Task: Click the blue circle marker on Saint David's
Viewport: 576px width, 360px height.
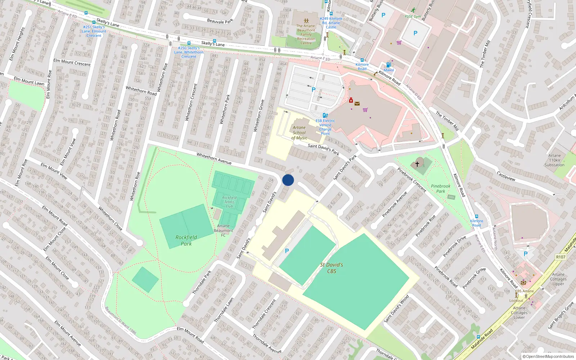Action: point(288,180)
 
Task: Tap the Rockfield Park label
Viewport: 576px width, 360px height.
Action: point(186,240)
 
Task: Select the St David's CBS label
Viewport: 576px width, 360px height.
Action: point(332,268)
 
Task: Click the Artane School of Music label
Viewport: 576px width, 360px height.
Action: point(299,132)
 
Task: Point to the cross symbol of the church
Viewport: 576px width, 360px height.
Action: point(417,164)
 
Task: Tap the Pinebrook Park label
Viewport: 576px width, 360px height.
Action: point(441,189)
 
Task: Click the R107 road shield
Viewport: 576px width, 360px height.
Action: point(561,257)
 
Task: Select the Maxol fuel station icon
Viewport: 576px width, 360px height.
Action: point(388,65)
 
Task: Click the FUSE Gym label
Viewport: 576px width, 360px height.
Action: point(413,16)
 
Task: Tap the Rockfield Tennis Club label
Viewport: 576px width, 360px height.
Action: point(229,202)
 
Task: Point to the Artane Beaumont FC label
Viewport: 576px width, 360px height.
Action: point(223,230)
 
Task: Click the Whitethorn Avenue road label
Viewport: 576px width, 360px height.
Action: point(214,158)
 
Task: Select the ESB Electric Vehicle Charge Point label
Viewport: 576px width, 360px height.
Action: point(325,127)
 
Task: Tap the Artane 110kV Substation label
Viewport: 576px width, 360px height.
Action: point(554,160)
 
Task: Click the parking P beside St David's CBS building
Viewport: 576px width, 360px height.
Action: point(287,251)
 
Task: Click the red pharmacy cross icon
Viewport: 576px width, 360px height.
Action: point(351,100)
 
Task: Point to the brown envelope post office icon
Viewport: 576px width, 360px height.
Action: point(357,104)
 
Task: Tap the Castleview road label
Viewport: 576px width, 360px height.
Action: point(506,176)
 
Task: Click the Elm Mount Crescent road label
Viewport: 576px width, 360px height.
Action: point(72,62)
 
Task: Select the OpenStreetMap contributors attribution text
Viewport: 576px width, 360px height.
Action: point(548,356)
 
